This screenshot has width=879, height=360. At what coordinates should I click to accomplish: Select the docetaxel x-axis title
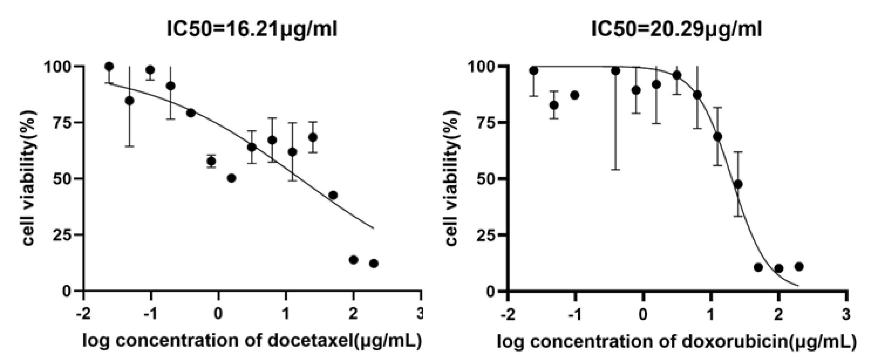click(252, 341)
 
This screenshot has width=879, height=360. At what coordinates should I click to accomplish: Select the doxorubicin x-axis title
click(676, 342)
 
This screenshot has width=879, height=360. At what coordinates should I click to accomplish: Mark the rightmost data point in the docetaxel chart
click(374, 263)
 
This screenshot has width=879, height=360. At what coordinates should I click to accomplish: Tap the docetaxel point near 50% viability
click(231, 178)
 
